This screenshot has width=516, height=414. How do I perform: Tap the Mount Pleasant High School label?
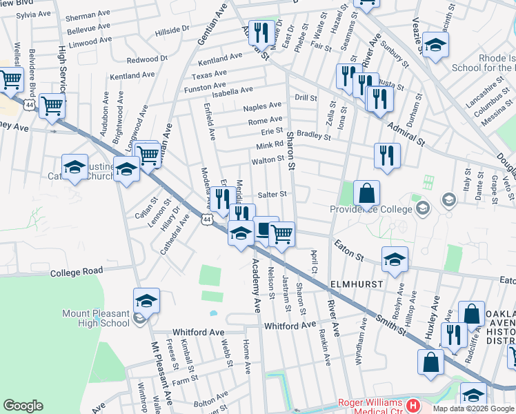(95, 317)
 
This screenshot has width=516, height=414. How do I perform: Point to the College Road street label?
(77, 272)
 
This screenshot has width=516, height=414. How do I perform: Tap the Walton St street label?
(268, 159)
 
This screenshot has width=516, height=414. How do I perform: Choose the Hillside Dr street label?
(172, 30)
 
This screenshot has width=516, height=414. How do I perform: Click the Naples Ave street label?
(262, 106)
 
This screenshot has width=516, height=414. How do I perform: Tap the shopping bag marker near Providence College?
(367, 193)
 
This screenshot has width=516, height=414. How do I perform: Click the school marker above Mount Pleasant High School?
(146, 300)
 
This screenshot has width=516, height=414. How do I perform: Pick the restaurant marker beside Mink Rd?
(387, 155)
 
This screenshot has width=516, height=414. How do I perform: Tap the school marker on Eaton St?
(394, 259)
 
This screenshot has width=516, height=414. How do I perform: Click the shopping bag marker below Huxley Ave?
(430, 362)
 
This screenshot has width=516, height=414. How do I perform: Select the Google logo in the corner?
(23, 406)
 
